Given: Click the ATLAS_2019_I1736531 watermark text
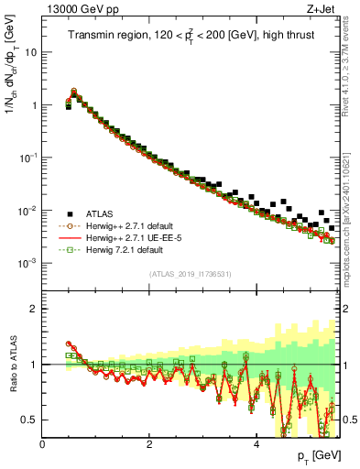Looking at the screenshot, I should [x=190, y=274].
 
